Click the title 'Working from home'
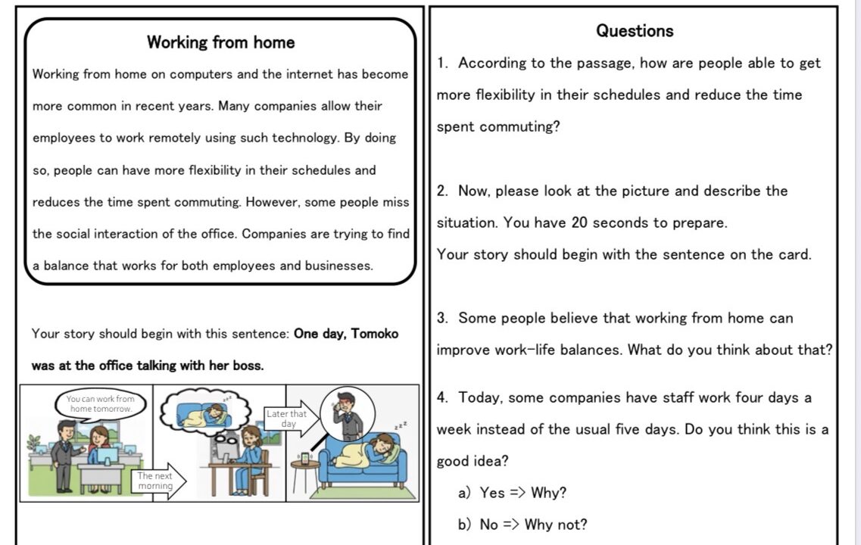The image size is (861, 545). point(220,42)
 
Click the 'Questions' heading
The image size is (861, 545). point(635,31)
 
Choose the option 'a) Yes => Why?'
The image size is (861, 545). point(512,493)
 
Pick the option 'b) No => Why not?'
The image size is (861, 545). point(522,525)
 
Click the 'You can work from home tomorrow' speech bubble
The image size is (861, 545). point(100,404)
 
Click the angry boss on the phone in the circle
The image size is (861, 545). point(348,414)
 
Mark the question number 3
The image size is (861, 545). point(442,319)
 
